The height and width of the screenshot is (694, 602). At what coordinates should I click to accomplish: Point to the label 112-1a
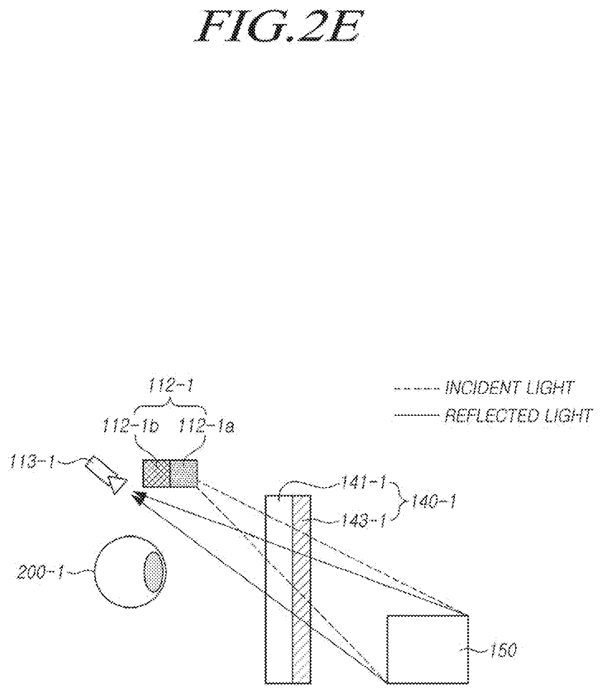click(x=206, y=426)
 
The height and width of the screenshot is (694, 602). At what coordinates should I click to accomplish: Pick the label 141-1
click(x=364, y=482)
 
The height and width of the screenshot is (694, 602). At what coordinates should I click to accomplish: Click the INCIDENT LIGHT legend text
click(x=509, y=388)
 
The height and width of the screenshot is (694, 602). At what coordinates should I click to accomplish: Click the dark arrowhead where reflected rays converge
click(x=140, y=498)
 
